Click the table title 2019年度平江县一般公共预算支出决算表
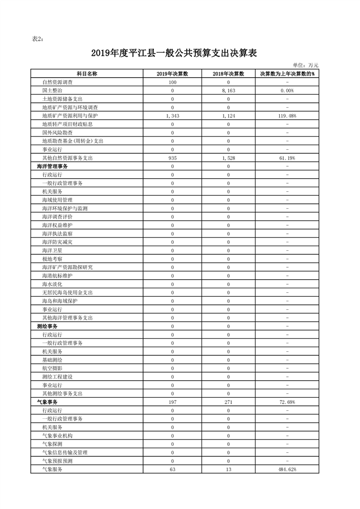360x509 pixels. pyautogui.click(x=174, y=53)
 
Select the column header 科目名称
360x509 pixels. pyautogui.click(x=87, y=74)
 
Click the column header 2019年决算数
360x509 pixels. pyautogui.click(x=172, y=74)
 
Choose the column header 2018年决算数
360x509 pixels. pyautogui.click(x=228, y=74)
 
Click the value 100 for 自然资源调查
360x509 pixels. pyautogui.click(x=172, y=83)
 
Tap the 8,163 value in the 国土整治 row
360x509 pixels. pyautogui.click(x=228, y=91)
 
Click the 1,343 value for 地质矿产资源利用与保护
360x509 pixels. pyautogui.click(x=172, y=116)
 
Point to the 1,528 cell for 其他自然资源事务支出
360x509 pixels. pyautogui.click(x=228, y=158)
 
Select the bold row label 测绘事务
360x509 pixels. pyautogui.click(x=47, y=326)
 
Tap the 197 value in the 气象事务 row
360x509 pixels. pyautogui.click(x=172, y=402)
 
